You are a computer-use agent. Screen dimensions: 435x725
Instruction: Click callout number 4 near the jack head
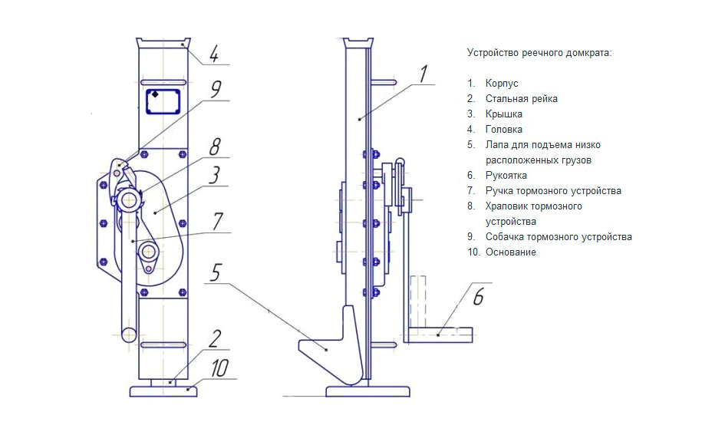pos(214,54)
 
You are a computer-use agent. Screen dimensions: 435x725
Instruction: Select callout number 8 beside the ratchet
pos(216,146)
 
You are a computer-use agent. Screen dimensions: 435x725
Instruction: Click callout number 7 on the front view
pos(217,222)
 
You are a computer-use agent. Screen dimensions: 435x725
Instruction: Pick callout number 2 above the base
pos(216,338)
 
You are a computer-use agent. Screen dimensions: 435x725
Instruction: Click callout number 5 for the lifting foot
pos(216,272)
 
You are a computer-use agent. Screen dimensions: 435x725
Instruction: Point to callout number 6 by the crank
pos(477,297)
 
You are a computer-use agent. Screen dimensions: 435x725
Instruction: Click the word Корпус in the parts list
pos(502,83)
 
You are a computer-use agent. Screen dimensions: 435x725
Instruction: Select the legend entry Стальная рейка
pos(521,98)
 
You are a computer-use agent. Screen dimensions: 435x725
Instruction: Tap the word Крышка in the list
pos(504,114)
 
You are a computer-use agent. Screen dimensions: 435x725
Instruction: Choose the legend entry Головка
pos(503,129)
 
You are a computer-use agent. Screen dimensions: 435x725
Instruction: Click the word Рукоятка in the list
pos(506,175)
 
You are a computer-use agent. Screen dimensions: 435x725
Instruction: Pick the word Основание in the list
pos(510,252)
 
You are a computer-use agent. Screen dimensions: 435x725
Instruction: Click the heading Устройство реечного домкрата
pos(539,52)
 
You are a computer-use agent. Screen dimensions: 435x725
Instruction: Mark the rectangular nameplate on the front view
pos(162,101)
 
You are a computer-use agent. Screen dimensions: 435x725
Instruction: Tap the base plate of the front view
pos(163,391)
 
